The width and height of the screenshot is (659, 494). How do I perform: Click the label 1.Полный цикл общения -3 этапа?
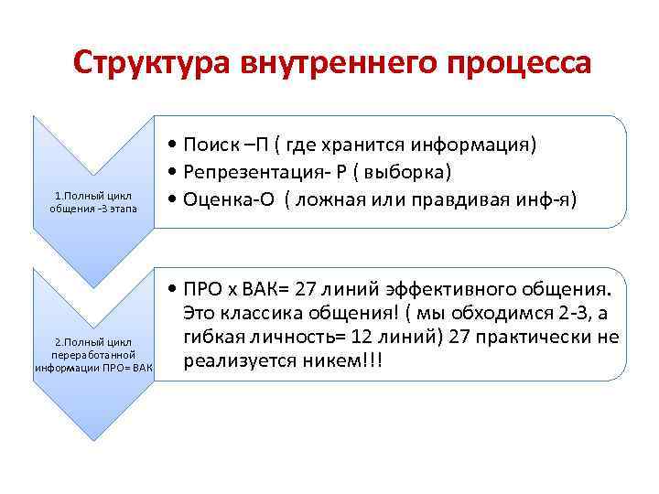coord(93,201)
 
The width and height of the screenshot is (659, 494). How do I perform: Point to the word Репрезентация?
coord(244,172)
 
